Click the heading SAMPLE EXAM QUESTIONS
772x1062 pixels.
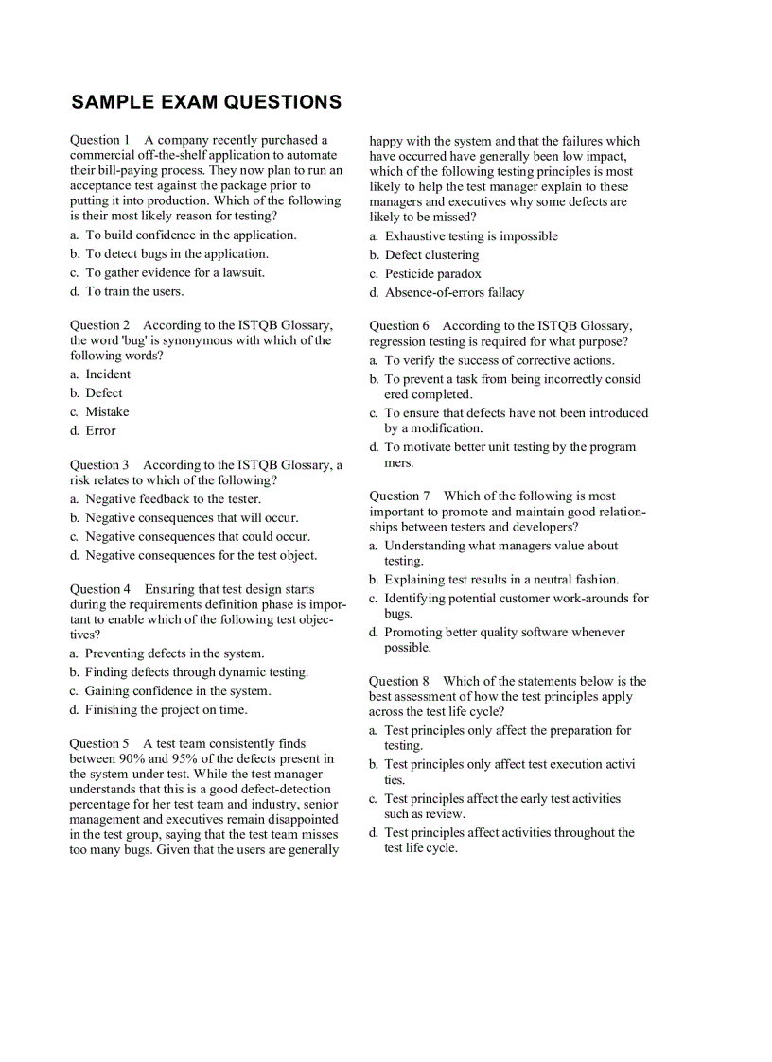[206, 102]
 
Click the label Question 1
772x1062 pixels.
[100, 140]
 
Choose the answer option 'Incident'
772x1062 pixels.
[108, 374]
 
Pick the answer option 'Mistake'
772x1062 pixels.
[107, 411]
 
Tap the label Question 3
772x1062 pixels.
[100, 464]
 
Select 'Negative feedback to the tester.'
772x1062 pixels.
[172, 498]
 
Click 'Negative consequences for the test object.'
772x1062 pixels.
[201, 555]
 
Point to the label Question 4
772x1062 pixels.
[100, 588]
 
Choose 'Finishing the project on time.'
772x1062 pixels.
[166, 709]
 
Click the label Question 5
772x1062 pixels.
[100, 743]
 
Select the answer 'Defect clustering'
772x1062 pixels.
[431, 254]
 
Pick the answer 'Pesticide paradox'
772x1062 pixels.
[432, 273]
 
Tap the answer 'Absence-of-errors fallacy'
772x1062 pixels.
[454, 292]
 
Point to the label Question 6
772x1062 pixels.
[399, 325]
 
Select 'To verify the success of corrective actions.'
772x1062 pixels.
[499, 360]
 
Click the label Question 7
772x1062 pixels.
[399, 496]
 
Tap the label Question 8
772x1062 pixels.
[399, 681]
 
